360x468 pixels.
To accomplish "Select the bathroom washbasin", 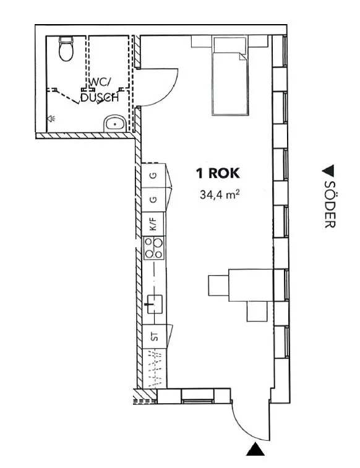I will (x=114, y=124).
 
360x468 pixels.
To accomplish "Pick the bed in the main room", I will (x=231, y=76).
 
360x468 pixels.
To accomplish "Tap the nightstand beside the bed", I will (x=202, y=41).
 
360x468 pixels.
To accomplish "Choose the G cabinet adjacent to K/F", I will (x=153, y=199).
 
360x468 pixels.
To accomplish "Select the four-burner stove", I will (x=153, y=249).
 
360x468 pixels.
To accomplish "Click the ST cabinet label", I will (x=154, y=336).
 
